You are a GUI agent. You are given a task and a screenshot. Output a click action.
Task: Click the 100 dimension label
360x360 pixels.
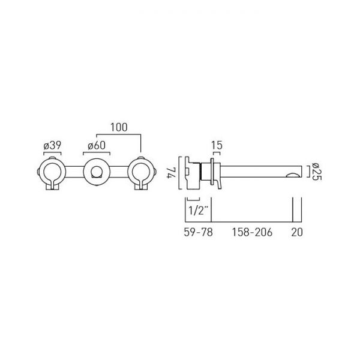(119, 127)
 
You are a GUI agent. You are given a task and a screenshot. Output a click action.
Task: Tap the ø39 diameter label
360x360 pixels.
(52, 146)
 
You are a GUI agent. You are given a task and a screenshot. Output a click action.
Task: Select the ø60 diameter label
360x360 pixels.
(97, 146)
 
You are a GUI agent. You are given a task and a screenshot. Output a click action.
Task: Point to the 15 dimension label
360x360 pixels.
(217, 145)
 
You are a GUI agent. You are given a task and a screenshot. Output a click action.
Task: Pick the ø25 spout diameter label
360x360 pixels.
(317, 171)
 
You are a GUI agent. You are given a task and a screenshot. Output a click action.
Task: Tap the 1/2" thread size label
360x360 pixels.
(199, 211)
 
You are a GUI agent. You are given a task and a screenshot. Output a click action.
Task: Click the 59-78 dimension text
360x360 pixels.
(199, 232)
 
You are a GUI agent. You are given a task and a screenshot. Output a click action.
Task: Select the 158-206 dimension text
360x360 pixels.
(252, 232)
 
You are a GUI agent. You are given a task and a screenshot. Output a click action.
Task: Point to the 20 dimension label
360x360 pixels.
(297, 232)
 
